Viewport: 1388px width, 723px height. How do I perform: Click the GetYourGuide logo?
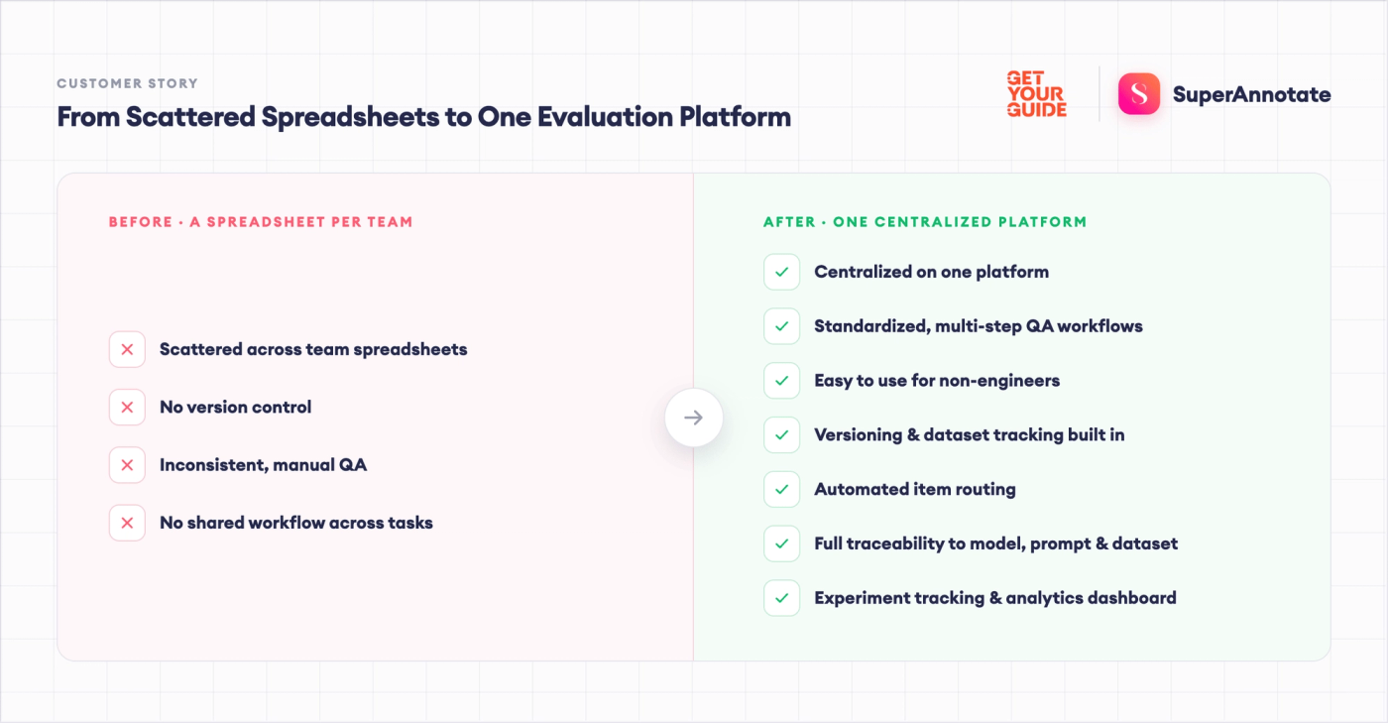[1037, 93]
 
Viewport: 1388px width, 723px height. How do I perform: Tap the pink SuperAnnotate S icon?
[1139, 93]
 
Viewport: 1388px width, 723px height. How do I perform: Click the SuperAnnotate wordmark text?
[1251, 94]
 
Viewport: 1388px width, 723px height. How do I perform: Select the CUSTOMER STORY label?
[128, 83]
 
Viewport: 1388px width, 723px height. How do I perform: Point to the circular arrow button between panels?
[693, 418]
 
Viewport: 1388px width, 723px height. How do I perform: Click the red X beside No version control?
[127, 407]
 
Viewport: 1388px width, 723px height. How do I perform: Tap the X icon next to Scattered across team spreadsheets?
[127, 349]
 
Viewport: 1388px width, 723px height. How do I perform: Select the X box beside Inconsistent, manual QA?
[127, 465]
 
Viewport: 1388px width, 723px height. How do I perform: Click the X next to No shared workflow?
[127, 523]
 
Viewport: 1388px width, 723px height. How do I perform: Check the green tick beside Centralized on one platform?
[782, 272]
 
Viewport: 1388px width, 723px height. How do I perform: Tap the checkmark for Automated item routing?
[782, 489]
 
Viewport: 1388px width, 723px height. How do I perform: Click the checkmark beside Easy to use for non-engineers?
[782, 380]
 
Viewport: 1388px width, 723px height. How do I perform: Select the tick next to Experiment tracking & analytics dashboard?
[782, 598]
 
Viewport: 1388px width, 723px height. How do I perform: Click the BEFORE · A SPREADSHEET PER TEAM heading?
[261, 222]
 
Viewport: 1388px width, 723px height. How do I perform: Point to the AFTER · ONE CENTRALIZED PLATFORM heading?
[925, 222]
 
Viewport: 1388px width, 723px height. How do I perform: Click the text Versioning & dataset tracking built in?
[970, 434]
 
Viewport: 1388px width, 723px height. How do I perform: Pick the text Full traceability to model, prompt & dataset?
[995, 543]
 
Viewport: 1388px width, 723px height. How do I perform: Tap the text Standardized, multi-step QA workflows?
[979, 326]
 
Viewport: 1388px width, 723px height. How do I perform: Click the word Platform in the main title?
[735, 117]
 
